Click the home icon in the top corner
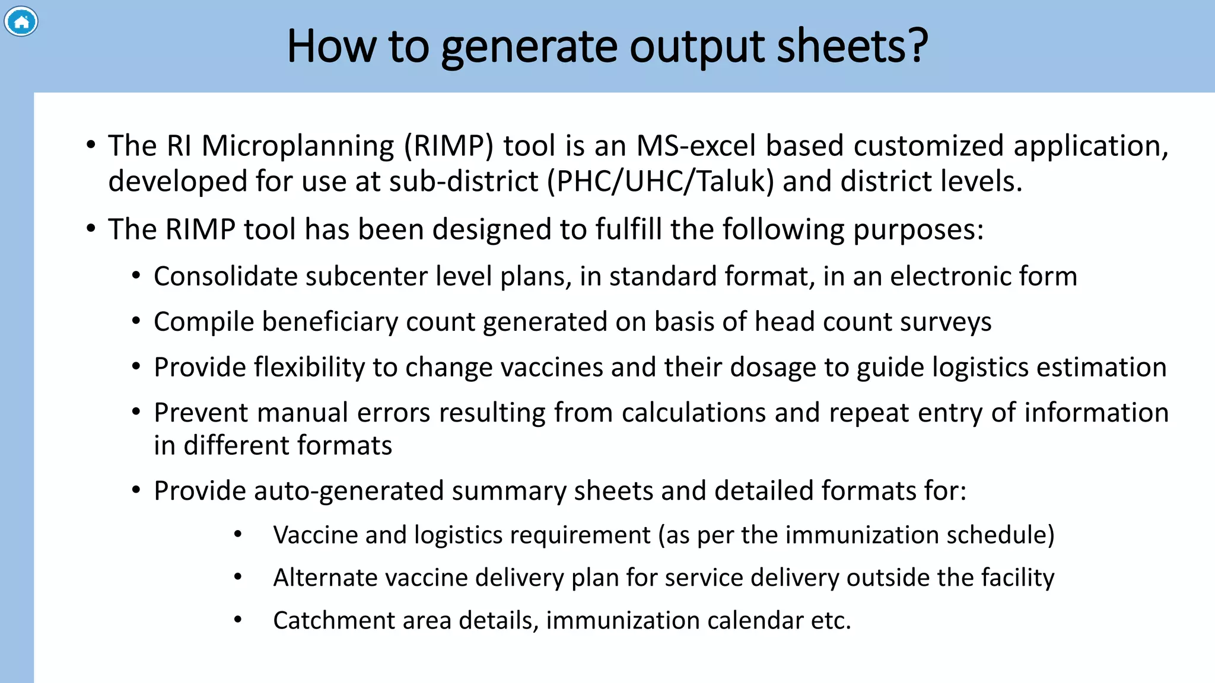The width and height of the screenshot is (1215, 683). (x=21, y=22)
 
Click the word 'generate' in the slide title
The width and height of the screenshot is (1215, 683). (x=529, y=47)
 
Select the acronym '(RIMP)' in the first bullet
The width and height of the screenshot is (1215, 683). (x=449, y=146)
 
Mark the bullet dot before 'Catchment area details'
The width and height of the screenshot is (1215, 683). (x=238, y=620)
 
